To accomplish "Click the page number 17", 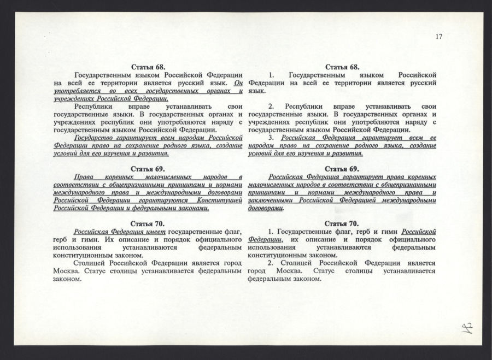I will click(439, 37).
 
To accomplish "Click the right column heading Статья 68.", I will click(342, 67).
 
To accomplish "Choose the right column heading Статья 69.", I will click(342, 169).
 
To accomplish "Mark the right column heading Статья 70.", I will click(342, 223).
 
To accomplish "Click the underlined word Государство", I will click(96, 138).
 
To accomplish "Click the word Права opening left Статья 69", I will click(84, 177).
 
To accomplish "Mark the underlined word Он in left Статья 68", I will click(237, 82).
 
